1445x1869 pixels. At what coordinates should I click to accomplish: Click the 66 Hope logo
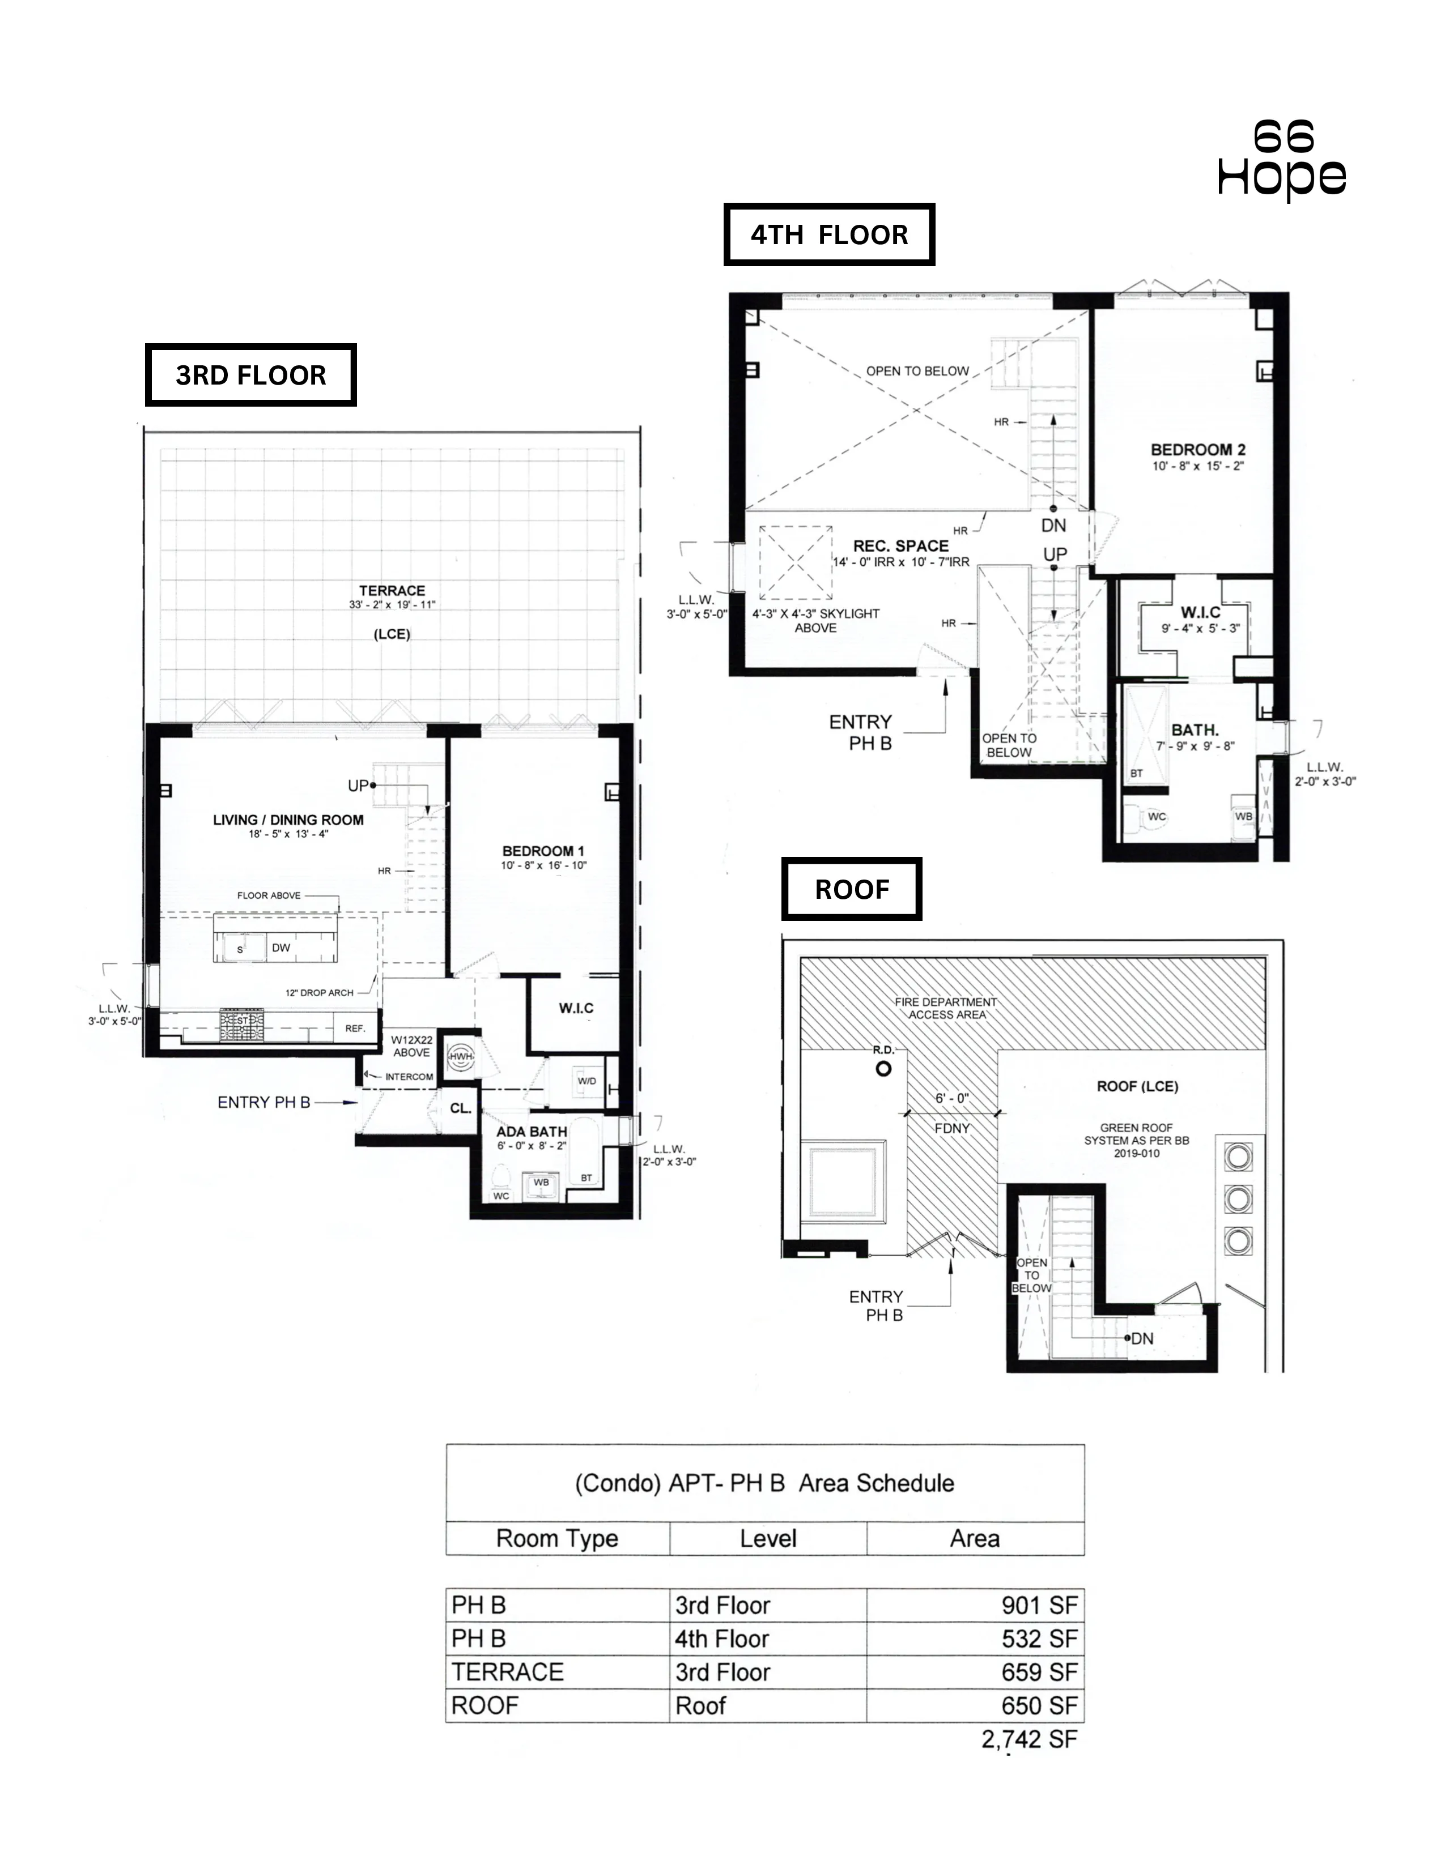[x=1281, y=160]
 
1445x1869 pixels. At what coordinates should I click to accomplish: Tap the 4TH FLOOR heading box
[x=828, y=234]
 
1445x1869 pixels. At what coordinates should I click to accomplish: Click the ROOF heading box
[x=852, y=889]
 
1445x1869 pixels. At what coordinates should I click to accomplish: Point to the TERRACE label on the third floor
[x=392, y=591]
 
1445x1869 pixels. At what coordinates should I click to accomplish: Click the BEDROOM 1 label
[x=543, y=851]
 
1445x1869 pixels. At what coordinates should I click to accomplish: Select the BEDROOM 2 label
[x=1197, y=449]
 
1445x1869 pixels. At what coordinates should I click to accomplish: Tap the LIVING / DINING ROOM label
[x=288, y=820]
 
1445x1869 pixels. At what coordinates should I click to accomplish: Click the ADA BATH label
[x=532, y=1132]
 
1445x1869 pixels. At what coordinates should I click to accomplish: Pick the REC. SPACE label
[x=900, y=546]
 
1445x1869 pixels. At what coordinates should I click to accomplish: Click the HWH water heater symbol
[x=461, y=1057]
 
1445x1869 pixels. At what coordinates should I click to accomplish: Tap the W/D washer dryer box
[x=586, y=1081]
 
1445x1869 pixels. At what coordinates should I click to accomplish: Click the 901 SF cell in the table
[x=1038, y=1606]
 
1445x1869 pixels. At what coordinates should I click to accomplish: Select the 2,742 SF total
[x=1029, y=1739]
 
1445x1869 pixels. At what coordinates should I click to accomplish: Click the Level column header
[x=768, y=1539]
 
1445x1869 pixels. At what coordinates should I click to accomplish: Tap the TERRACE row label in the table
[x=508, y=1672]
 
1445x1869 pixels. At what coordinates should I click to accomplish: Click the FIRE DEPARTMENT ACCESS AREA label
[x=946, y=1008]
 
